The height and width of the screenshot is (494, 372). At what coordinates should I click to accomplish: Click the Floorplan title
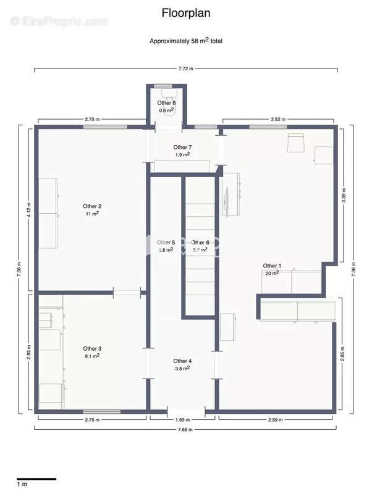[185, 13]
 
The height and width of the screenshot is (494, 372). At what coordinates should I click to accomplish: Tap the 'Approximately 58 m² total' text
[186, 41]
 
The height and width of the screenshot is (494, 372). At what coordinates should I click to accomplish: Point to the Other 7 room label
[183, 147]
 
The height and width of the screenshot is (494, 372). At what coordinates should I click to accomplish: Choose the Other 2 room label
[92, 206]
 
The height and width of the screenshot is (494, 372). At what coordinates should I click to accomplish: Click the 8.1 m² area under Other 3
[92, 356]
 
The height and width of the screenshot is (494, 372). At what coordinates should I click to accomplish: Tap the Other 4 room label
[182, 361]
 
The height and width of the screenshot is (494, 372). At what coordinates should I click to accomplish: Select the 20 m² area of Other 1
[271, 273]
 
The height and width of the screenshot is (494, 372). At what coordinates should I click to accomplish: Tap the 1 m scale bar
[36, 479]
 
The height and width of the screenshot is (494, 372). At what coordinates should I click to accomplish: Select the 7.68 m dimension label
[185, 429]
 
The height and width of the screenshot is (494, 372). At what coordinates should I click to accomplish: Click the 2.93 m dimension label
[28, 352]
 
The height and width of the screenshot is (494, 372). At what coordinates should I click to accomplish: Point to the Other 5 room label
[166, 243]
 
